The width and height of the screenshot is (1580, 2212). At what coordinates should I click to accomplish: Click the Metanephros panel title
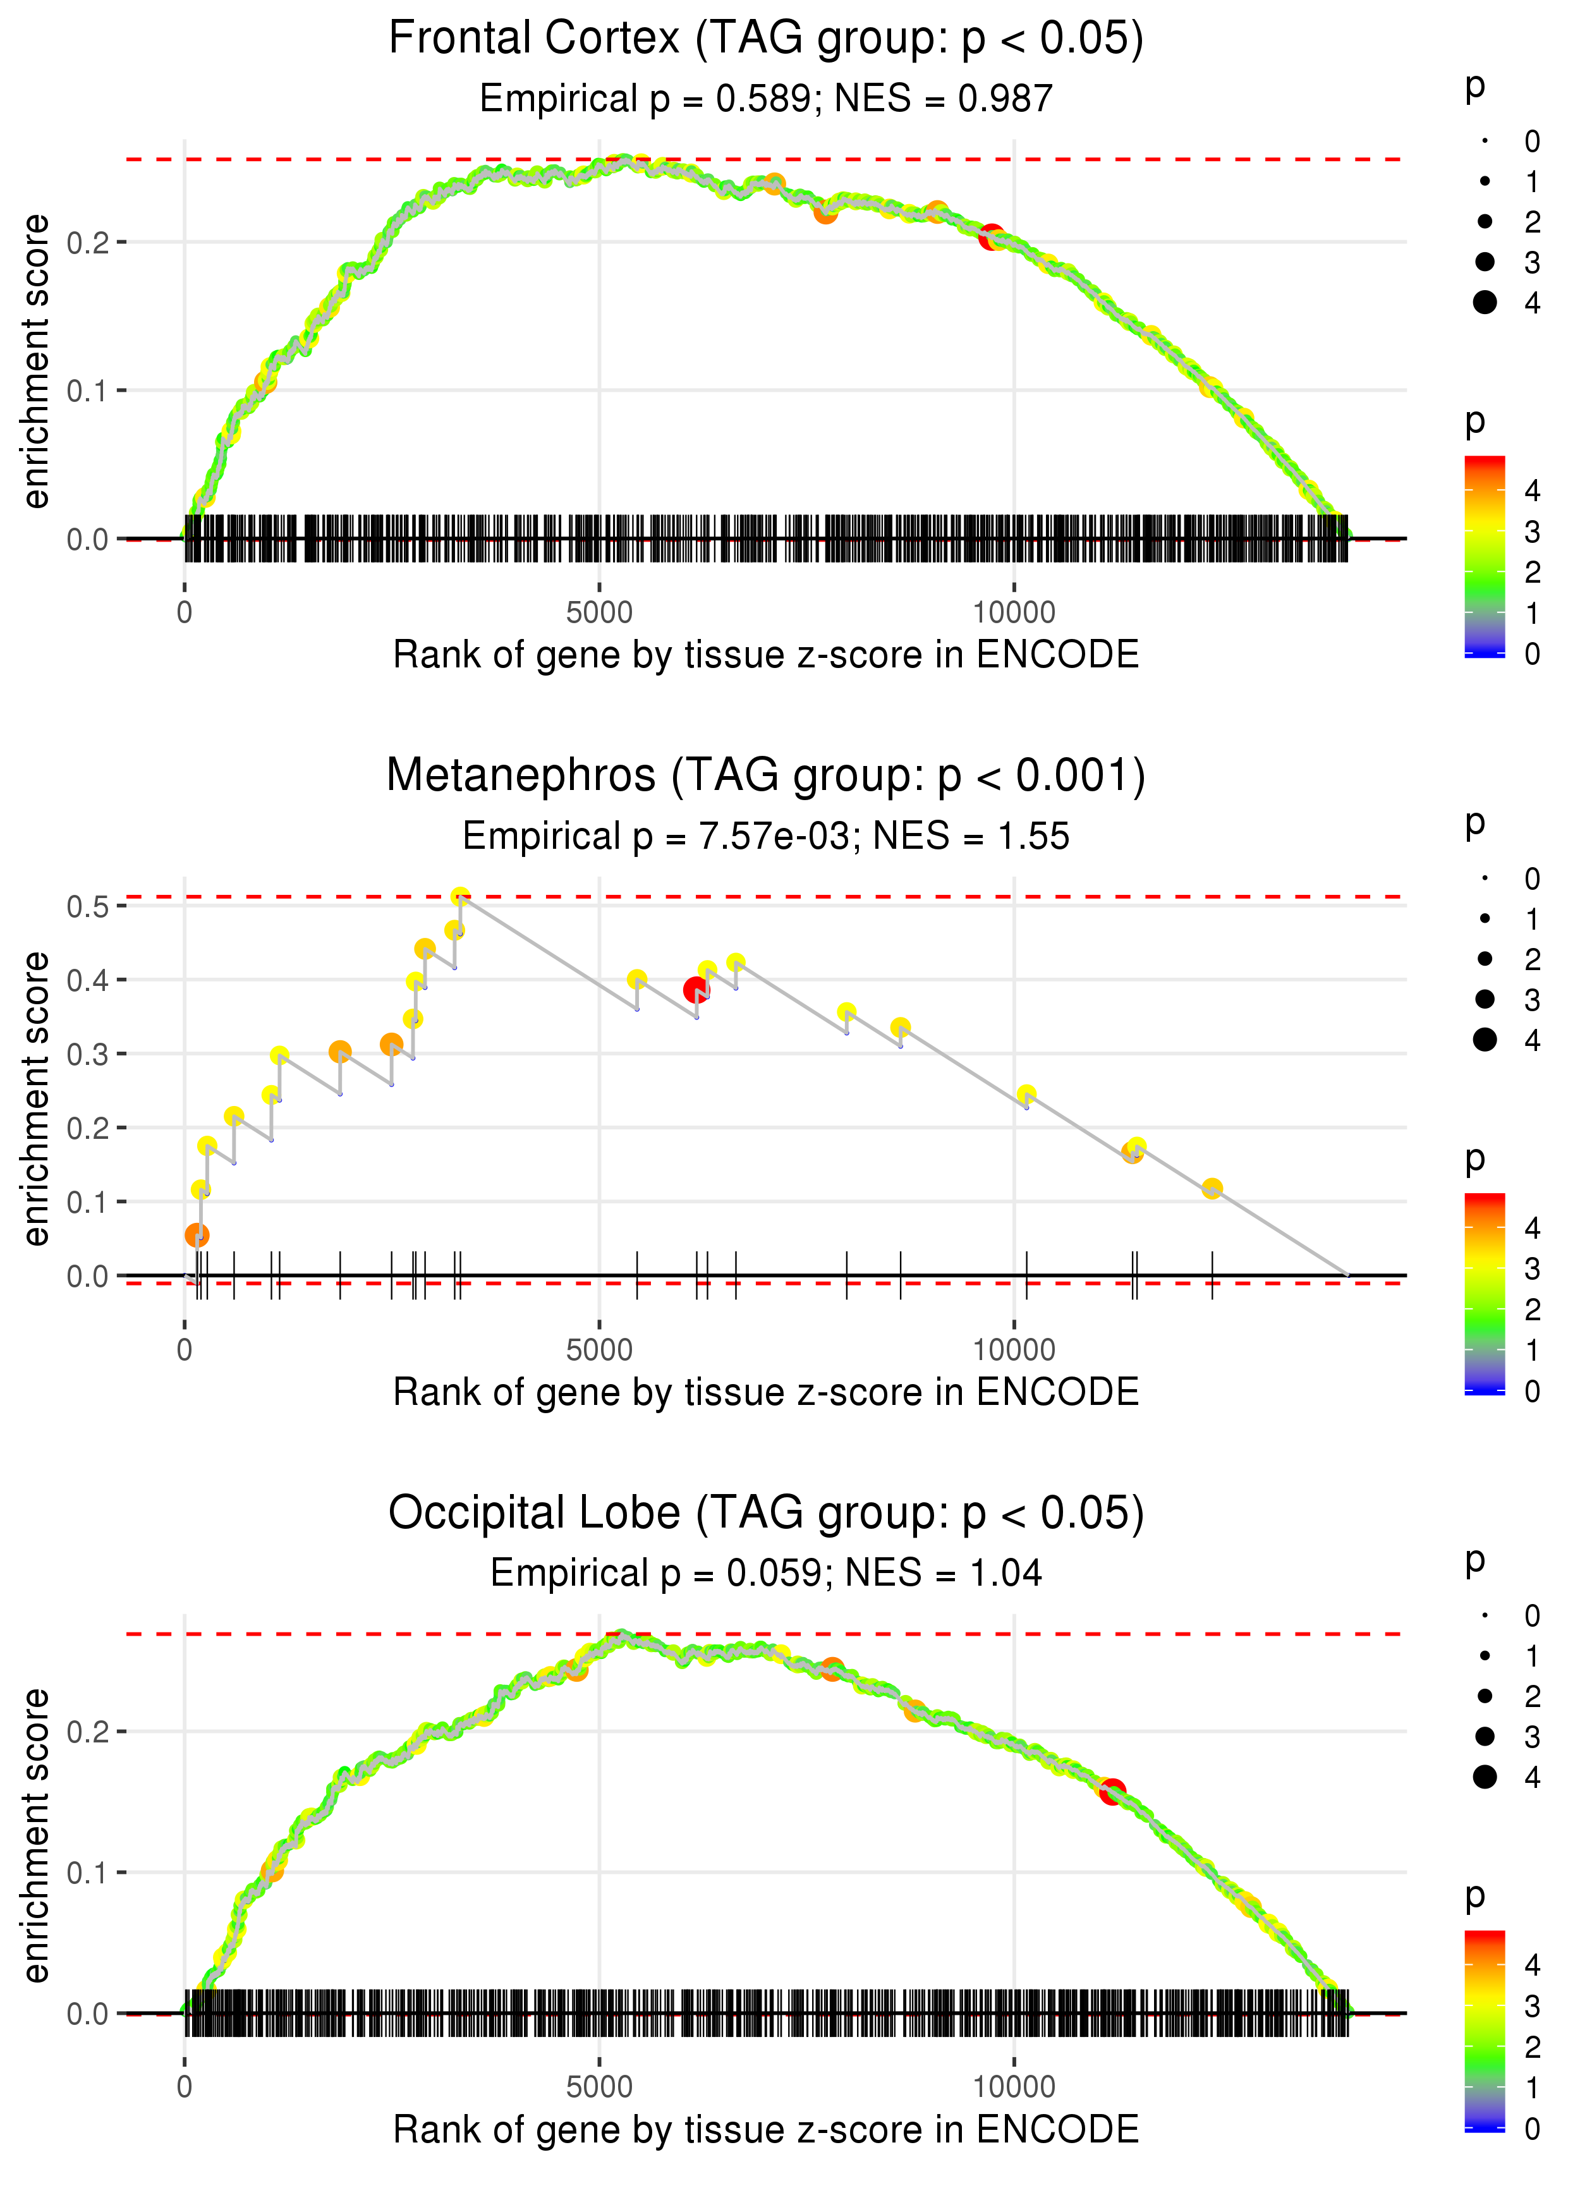pos(766,776)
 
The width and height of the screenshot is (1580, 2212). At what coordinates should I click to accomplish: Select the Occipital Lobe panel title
pos(766,1514)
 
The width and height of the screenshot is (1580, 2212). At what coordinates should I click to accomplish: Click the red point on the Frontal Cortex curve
pos(992,236)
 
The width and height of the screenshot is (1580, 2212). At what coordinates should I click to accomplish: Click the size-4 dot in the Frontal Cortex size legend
pos(1485,303)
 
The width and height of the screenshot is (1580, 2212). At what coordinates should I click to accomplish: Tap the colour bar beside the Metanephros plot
pos(1485,1294)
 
